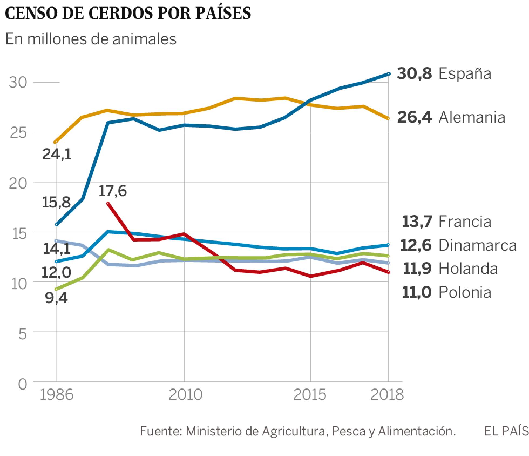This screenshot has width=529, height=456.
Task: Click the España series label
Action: click(465, 73)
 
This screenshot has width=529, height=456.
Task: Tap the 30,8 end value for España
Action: click(414, 73)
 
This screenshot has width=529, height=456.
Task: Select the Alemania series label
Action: click(472, 118)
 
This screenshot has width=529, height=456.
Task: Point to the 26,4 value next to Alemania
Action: click(414, 118)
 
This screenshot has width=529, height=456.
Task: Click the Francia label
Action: click(465, 222)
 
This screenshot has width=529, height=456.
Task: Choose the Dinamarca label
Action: click(477, 245)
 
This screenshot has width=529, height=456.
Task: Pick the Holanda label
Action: click(468, 269)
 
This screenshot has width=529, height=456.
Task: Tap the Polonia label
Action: click(465, 292)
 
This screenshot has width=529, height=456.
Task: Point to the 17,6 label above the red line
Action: click(113, 191)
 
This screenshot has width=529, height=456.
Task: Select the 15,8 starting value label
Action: click(56, 202)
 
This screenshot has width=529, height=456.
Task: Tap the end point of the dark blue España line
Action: click(389, 73)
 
